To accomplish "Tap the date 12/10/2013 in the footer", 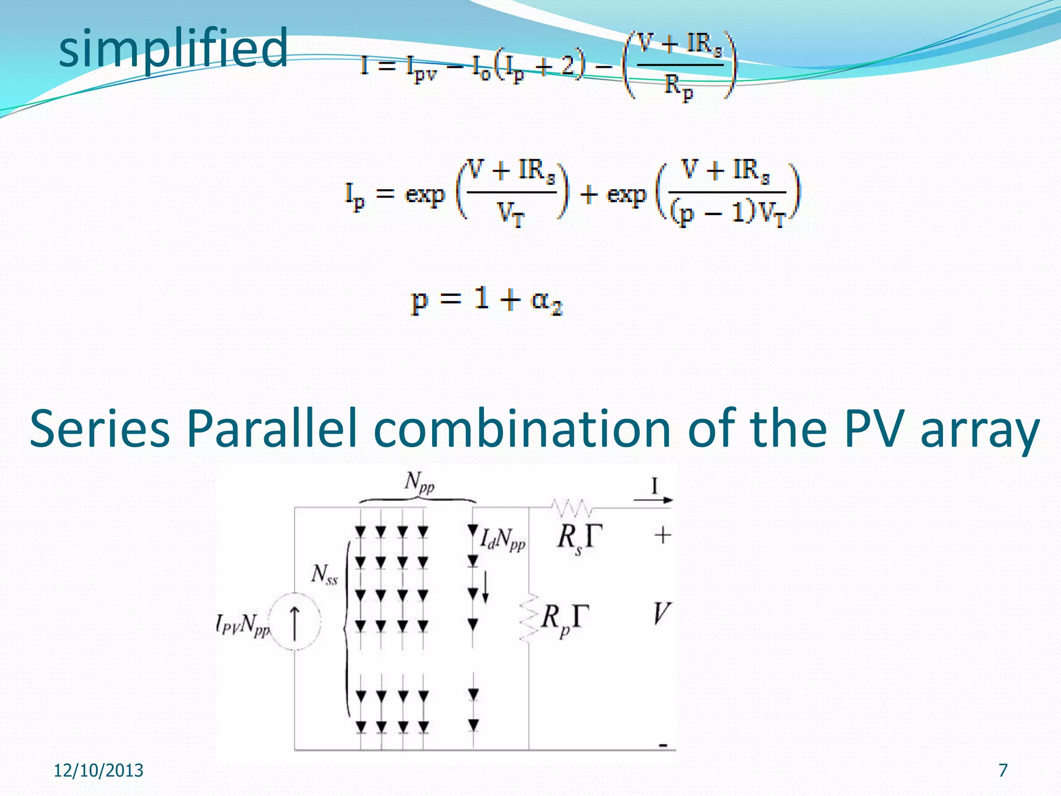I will click(x=98, y=771).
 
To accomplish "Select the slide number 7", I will click(x=1003, y=771).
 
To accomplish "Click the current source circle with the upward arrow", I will click(x=295, y=621).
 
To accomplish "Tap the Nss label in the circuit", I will click(x=324, y=574).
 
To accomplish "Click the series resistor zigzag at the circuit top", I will click(x=572, y=507).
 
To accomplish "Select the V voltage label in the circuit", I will click(x=661, y=614).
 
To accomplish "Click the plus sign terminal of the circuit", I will click(x=663, y=535).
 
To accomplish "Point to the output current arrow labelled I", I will click(x=653, y=499).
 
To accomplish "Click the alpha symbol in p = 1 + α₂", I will click(x=541, y=300).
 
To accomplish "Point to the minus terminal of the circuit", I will click(x=663, y=746).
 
